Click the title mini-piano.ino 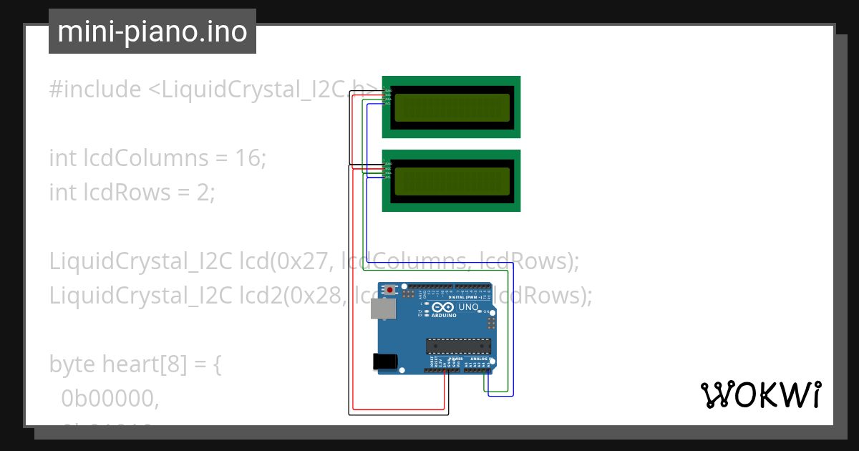click(152, 31)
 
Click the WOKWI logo click(760, 395)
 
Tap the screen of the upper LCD click(452, 107)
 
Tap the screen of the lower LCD click(452, 181)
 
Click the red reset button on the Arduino click(390, 290)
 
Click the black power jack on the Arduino click(386, 362)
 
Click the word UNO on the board click(468, 307)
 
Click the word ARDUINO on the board click(444, 315)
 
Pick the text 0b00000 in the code click(110, 399)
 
